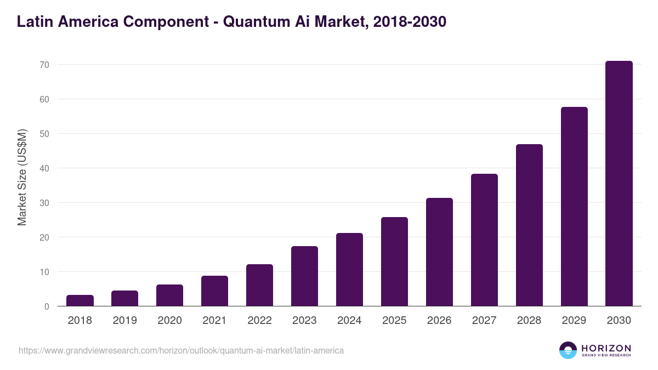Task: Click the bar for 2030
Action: click(x=619, y=184)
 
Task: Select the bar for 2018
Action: click(x=80, y=300)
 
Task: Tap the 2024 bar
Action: click(x=349, y=270)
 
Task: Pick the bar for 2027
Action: click(x=484, y=240)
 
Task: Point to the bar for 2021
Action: click(x=214, y=291)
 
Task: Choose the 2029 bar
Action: click(x=574, y=207)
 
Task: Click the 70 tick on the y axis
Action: click(x=44, y=65)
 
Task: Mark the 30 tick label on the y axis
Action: click(x=44, y=203)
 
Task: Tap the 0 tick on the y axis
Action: click(x=47, y=306)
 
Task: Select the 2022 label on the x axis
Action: click(x=259, y=321)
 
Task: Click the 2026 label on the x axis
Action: click(x=439, y=321)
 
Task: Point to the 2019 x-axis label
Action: click(x=124, y=321)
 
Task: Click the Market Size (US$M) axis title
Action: click(x=22, y=177)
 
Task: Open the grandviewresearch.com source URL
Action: click(x=181, y=350)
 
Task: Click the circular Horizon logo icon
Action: click(x=568, y=350)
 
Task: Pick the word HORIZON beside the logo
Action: click(x=606, y=348)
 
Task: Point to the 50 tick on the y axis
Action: click(x=44, y=134)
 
